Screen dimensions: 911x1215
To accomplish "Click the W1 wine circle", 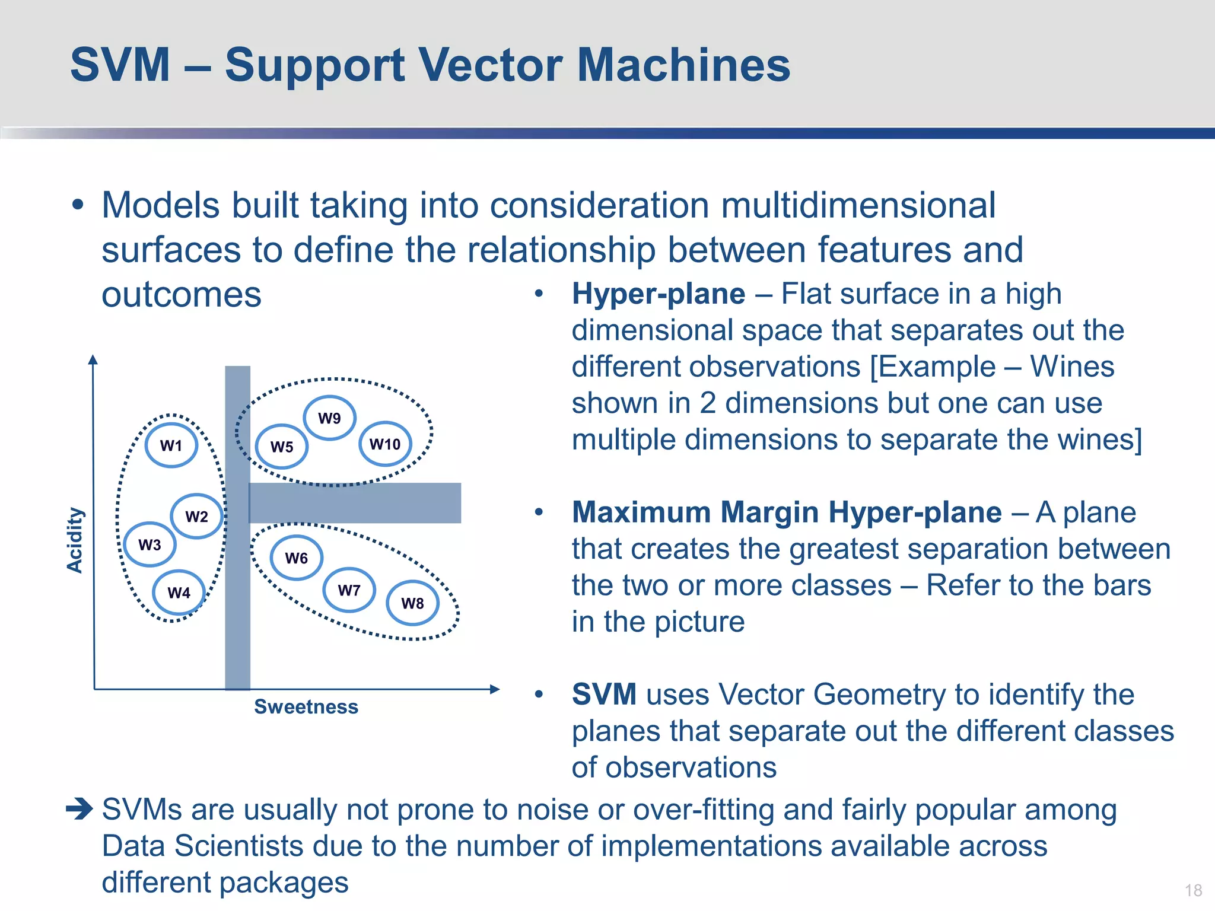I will point(171,445).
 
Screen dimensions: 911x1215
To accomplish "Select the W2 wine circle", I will point(197,516).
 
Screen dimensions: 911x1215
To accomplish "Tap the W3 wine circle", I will point(150,544).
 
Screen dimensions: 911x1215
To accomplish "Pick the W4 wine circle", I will point(179,593).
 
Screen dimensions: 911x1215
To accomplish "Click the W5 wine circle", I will point(282,447).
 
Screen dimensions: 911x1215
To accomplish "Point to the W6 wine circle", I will point(297,558).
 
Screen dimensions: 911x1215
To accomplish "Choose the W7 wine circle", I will point(349,590).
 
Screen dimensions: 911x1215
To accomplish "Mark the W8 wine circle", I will point(413,603).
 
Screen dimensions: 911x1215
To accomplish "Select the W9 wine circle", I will point(330,418).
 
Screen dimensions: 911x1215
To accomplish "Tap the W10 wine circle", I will point(385,444).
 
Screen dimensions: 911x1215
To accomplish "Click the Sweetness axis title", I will point(306,707).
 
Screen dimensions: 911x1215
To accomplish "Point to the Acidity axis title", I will point(75,540).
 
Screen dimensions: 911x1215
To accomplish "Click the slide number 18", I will point(1194,890).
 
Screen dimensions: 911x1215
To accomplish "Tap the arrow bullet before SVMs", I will point(79,809).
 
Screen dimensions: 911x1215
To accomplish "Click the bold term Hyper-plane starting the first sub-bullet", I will point(659,294).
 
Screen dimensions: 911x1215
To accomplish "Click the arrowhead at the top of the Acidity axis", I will point(93,359).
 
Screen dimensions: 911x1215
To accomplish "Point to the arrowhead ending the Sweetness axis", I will point(495,689).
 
